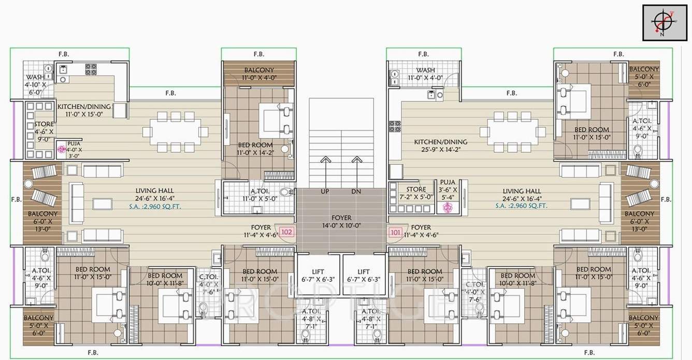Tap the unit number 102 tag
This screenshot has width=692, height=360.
pos(287,232)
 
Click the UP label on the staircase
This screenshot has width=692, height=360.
pos(325,192)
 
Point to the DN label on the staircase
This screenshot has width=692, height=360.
pos(356,192)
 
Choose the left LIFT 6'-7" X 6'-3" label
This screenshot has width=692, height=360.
pos(319,275)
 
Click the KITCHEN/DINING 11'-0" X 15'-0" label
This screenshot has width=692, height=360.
pos(84,110)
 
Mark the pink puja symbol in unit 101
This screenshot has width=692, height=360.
pos(447,207)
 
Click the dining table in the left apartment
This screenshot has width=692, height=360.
pos(171,132)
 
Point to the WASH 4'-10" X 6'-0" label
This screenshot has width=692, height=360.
pos(36,84)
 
